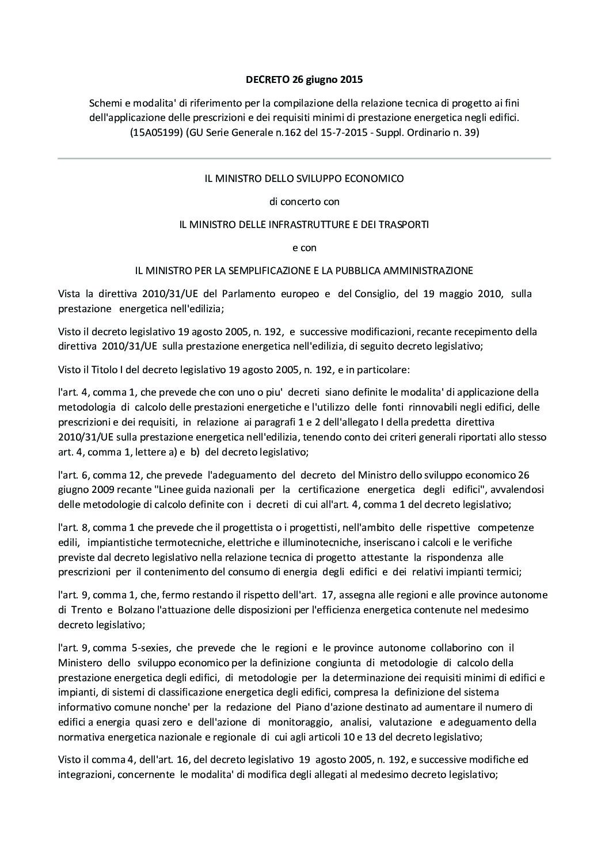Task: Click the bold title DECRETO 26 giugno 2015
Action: (x=304, y=79)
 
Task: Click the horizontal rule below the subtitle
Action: (x=304, y=158)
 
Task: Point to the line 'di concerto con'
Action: (x=304, y=202)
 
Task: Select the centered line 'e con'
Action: (x=304, y=248)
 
